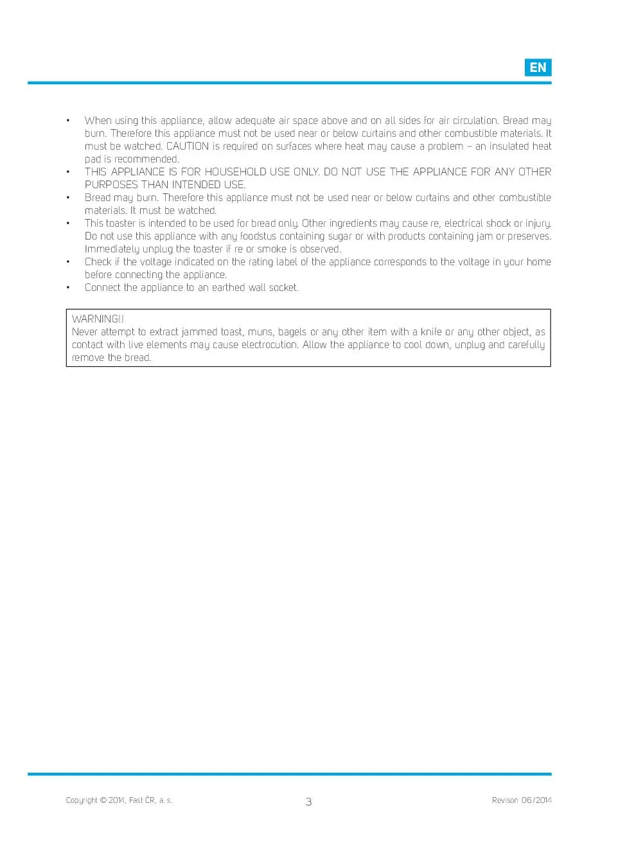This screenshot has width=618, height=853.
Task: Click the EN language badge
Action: point(538,67)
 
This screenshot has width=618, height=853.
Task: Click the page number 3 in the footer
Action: point(308,802)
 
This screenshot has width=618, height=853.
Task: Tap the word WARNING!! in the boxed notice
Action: point(98,319)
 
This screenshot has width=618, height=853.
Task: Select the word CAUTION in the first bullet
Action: point(188,146)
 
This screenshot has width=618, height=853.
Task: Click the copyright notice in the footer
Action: point(119,800)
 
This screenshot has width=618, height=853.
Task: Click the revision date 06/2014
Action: point(536,800)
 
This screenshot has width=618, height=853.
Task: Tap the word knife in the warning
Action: point(431,332)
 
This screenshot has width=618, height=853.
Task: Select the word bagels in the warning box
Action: point(292,332)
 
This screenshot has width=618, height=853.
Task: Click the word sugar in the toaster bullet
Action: point(340,236)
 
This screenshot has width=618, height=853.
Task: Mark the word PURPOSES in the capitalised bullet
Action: point(111,185)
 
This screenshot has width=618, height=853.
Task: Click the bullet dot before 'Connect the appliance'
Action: point(68,288)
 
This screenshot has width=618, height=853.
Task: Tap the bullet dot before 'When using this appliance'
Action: point(68,121)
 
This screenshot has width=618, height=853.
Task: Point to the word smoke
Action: point(272,249)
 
